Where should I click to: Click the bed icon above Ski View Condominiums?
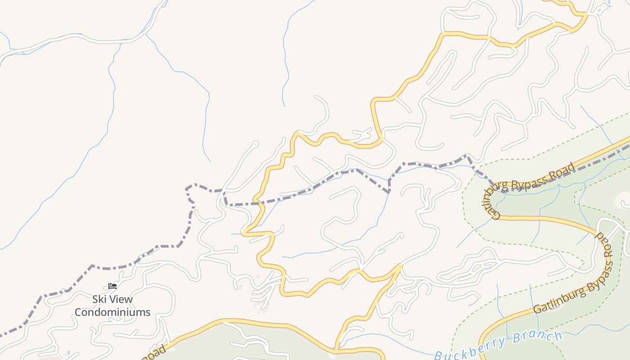[112, 286]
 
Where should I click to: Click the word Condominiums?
[112, 312]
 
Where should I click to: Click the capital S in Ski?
[95, 299]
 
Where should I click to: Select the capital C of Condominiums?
[78, 312]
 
